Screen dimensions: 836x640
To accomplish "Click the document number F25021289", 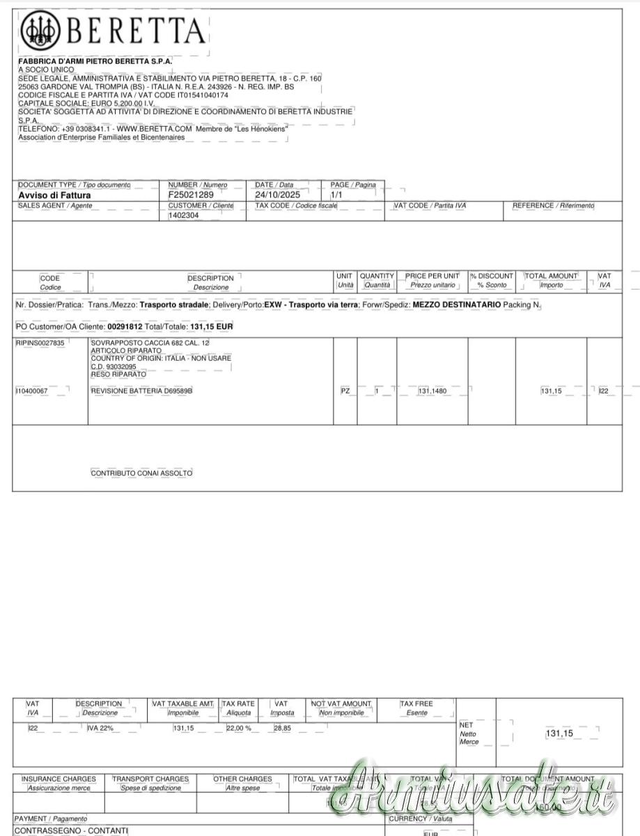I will (191, 195).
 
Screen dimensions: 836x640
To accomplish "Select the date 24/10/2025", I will (277, 195).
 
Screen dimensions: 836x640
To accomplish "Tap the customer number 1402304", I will (184, 216).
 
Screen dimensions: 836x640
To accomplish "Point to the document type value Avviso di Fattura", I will (54, 196).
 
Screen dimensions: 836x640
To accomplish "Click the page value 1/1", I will (336, 195).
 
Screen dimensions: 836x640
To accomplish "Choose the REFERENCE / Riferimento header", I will (553, 206).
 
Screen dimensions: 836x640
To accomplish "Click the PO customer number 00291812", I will (124, 326).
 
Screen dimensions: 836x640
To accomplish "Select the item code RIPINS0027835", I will (40, 343).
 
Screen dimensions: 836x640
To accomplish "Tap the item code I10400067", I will (32, 392).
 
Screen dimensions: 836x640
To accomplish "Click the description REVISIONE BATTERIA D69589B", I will (141, 392).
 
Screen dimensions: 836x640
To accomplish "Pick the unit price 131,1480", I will (432, 392).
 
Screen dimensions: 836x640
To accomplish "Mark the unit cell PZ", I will (345, 392).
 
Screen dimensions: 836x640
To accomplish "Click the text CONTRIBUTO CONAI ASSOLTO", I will (141, 473).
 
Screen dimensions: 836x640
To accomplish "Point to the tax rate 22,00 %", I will (238, 728).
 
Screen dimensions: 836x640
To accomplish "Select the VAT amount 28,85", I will (282, 728).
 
